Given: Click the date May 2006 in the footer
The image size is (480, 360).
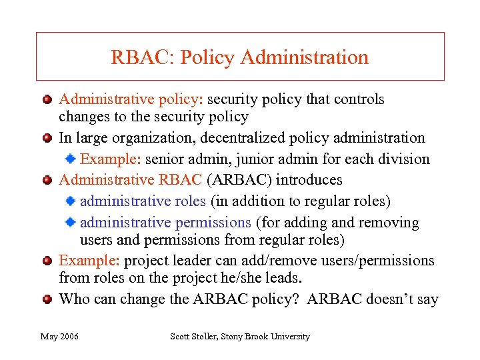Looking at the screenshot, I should [59, 337].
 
